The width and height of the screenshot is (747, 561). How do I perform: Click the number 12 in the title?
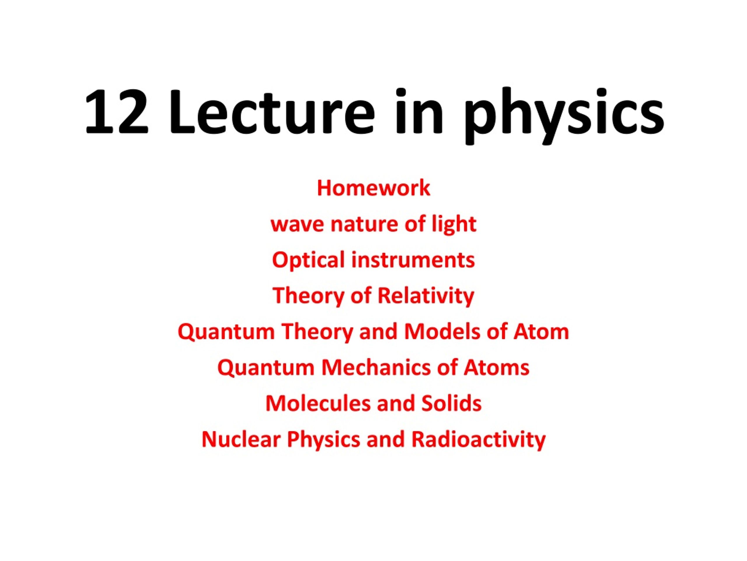tap(116, 112)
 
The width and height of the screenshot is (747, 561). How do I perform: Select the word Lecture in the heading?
tap(272, 111)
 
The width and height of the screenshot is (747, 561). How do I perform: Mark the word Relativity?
tap(425, 296)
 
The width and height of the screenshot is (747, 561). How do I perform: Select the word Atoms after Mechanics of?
tap(496, 368)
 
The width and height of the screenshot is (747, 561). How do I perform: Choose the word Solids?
tap(451, 404)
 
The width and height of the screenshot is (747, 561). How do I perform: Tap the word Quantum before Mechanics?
tap(266, 368)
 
